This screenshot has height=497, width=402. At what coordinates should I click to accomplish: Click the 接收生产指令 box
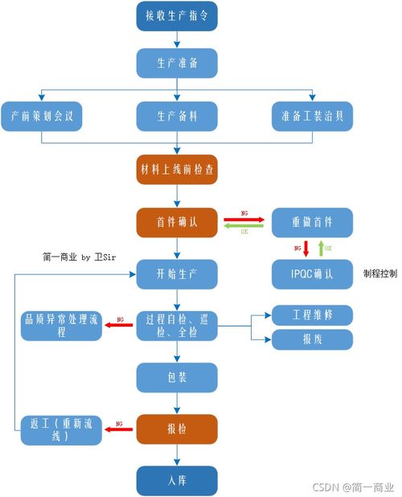tap(177, 16)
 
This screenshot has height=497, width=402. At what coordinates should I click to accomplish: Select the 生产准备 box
tap(177, 63)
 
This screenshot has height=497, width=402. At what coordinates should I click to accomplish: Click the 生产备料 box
tap(177, 116)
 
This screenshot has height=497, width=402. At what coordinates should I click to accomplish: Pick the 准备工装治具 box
tap(312, 116)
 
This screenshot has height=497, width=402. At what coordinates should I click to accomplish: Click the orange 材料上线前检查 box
tap(177, 170)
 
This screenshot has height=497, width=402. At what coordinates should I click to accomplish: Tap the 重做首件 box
tap(312, 222)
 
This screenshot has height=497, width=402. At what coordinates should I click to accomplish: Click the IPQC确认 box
tap(312, 274)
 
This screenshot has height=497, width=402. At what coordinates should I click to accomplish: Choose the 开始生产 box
tap(177, 273)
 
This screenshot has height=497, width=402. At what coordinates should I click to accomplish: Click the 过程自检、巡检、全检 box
tap(177, 326)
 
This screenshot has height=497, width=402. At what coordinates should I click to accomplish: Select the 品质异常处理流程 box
tap(61, 326)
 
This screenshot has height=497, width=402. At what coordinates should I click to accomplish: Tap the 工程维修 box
tap(312, 314)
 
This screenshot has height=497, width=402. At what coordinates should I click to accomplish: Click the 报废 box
tap(312, 339)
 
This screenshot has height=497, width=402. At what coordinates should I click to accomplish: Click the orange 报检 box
tap(177, 429)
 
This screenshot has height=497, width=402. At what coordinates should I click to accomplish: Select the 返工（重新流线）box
tap(61, 429)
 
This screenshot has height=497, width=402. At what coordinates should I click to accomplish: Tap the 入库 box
tap(177, 481)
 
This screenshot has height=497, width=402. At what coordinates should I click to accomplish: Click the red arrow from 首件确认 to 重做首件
tap(244, 217)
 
